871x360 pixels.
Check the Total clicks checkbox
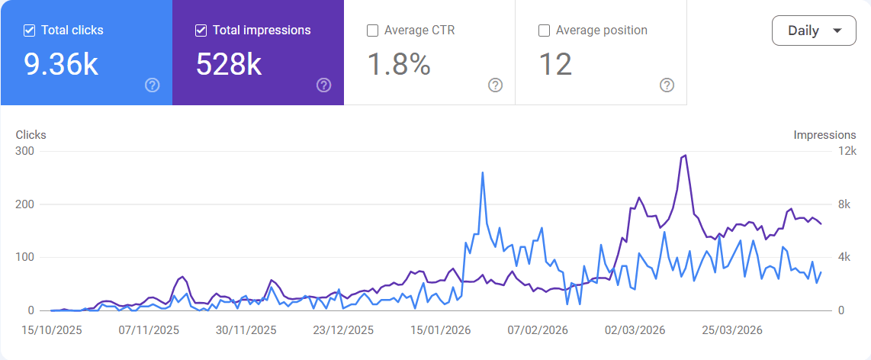pyautogui.click(x=30, y=31)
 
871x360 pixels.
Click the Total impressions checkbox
pyautogui.click(x=201, y=31)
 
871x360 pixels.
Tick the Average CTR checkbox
pyautogui.click(x=373, y=31)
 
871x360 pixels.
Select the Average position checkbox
pyautogui.click(x=545, y=31)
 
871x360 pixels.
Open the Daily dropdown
pyautogui.click(x=814, y=31)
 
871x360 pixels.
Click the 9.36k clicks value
pyautogui.click(x=61, y=65)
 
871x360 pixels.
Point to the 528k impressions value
pyautogui.click(x=229, y=65)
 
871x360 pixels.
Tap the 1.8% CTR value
pyautogui.click(x=399, y=65)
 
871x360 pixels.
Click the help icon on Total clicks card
pyautogui.click(x=152, y=85)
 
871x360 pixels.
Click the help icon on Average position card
pyautogui.click(x=667, y=85)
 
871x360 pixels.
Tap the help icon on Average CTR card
pyautogui.click(x=495, y=85)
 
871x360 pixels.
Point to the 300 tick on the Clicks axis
pyautogui.click(x=25, y=151)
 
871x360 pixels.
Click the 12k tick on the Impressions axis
pyautogui.click(x=847, y=151)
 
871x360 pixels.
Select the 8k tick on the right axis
pyautogui.click(x=844, y=204)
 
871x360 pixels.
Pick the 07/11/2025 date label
pyautogui.click(x=149, y=330)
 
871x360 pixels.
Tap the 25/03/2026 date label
pyautogui.click(x=733, y=330)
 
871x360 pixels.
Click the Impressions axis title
pyautogui.click(x=824, y=135)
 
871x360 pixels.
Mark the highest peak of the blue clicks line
pyautogui.click(x=483, y=172)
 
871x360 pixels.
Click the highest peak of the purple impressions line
pyautogui.click(x=686, y=156)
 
